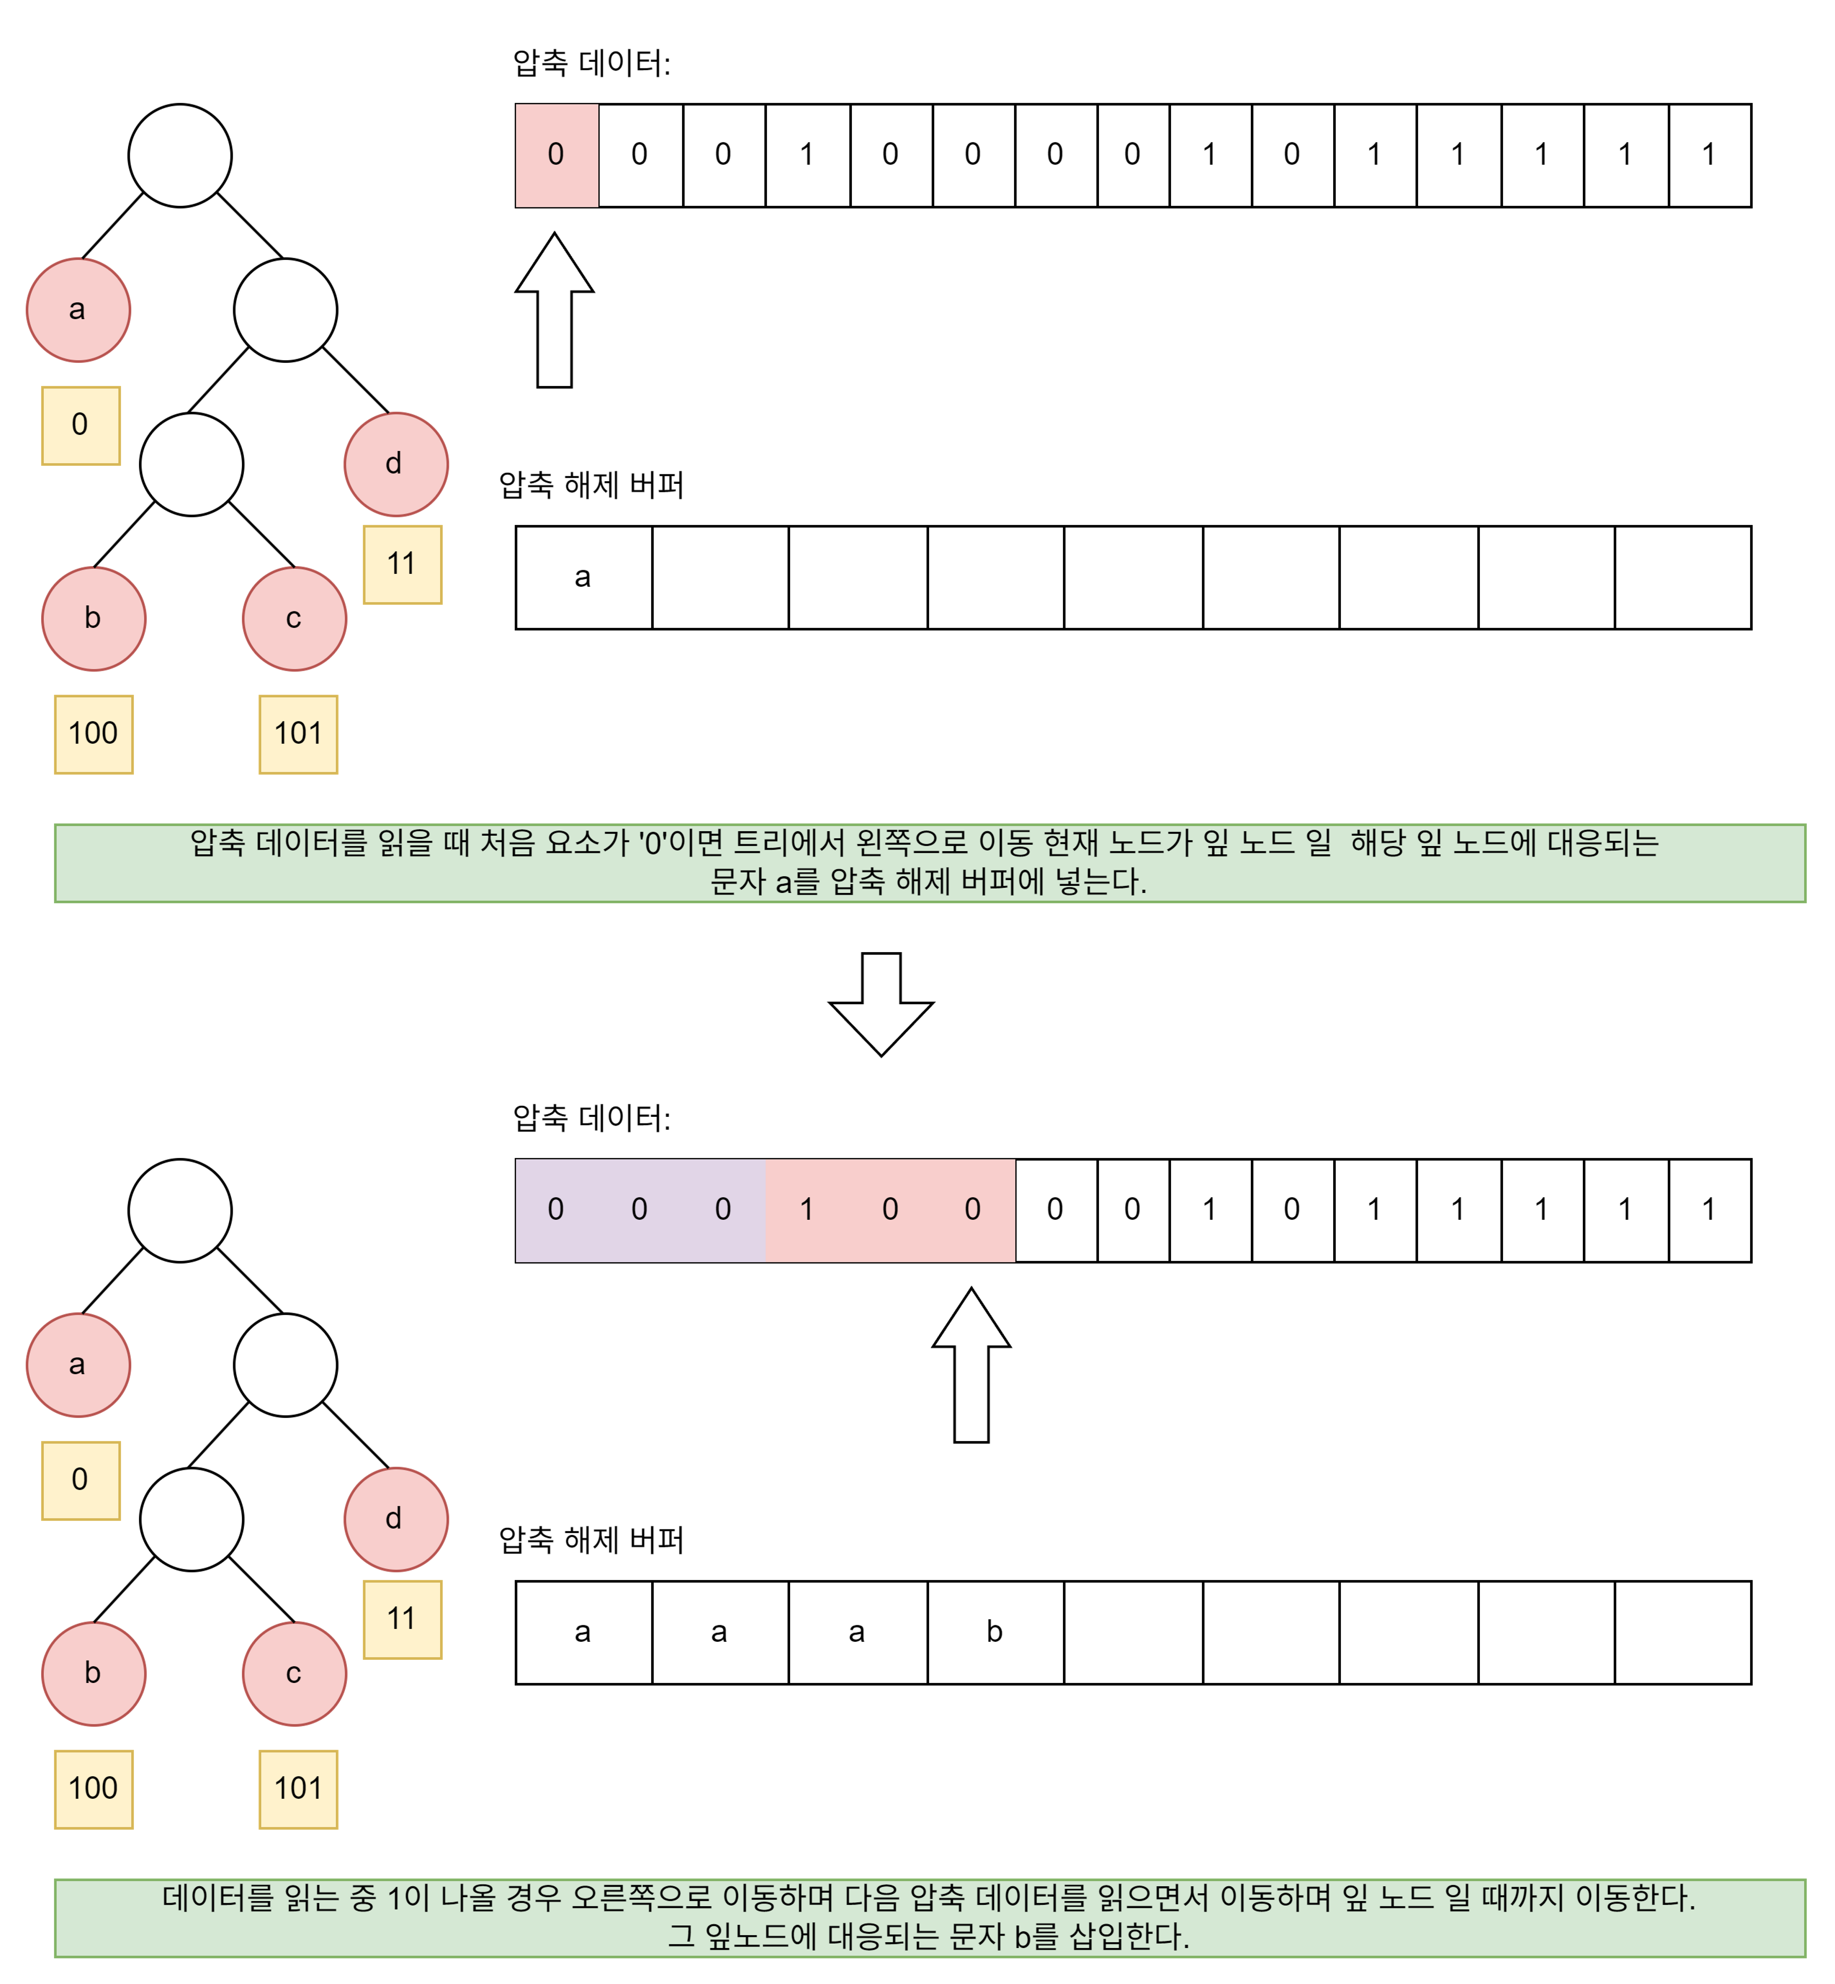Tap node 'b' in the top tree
[x=93, y=619]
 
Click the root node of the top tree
[x=180, y=156]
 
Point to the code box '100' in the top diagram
[x=93, y=734]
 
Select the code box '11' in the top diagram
[x=402, y=564]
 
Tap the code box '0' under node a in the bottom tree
[x=80, y=1480]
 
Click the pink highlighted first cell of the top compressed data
[x=556, y=156]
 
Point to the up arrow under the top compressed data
[x=554, y=310]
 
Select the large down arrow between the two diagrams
[x=881, y=1003]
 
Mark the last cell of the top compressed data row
[x=1709, y=156]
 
